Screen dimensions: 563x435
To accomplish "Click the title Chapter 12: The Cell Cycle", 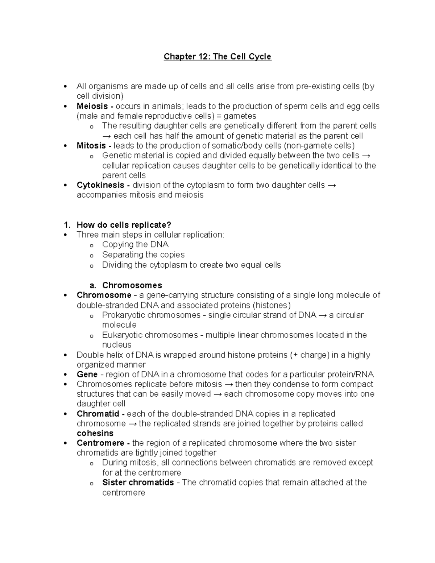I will pos(217,57).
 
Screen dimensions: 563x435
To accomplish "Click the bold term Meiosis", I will pos(92,106).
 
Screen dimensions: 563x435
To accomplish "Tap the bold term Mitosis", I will pos(91,146).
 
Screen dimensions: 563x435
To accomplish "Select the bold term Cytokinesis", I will pos(100,185).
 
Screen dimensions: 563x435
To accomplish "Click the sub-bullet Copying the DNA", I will pos(135,244).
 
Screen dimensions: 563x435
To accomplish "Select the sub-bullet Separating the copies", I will pos(143,254).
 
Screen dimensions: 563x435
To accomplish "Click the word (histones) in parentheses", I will pos(272,305).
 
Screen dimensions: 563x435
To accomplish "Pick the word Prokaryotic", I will pos(123,315).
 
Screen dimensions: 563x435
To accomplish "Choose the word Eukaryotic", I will pos(122,335).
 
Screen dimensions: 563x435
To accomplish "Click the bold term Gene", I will pos(87,374).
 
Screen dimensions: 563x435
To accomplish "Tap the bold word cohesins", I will pos(95,434).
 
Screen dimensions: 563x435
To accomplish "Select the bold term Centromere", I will pos(100,443).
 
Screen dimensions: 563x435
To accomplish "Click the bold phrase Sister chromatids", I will pos(138,483).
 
